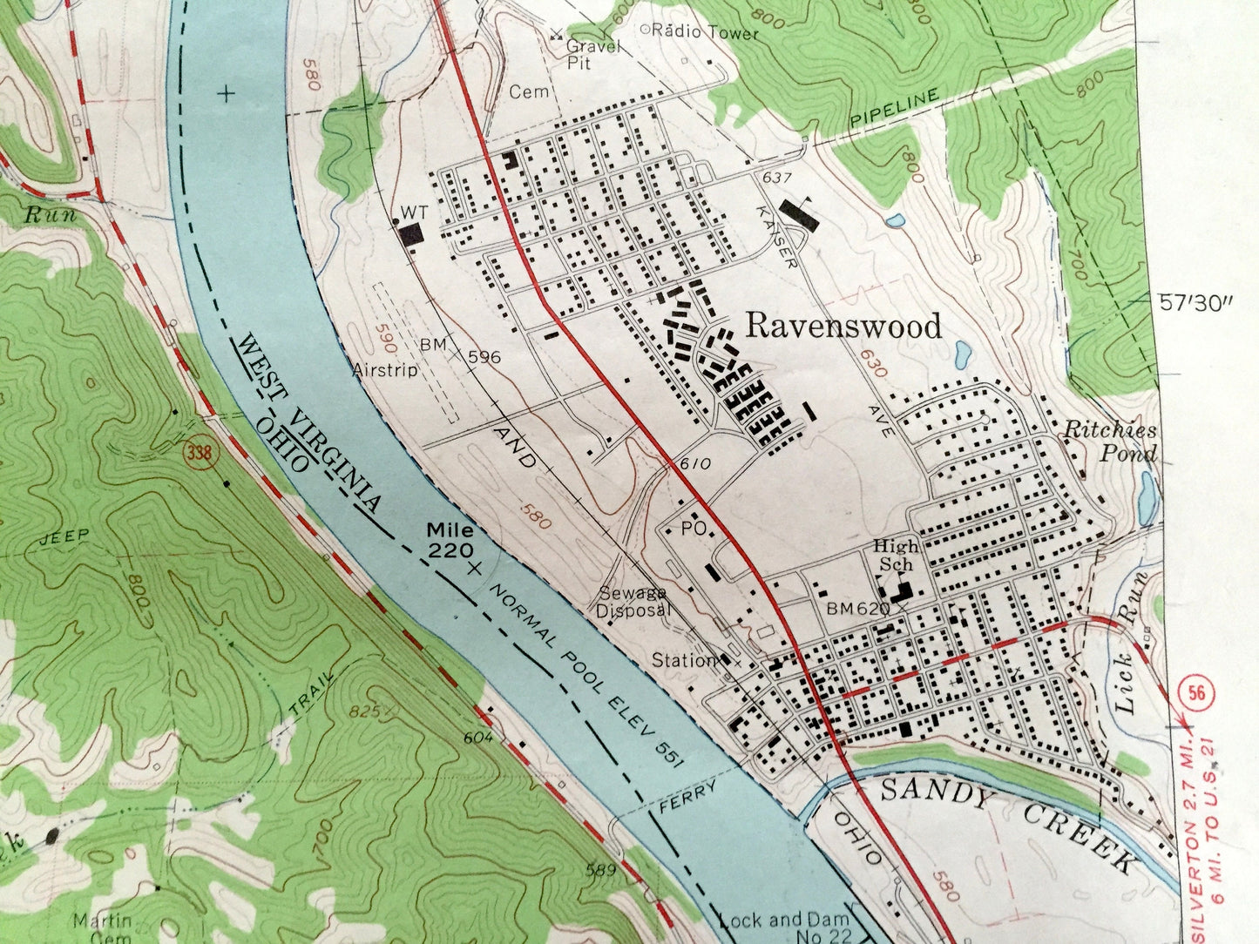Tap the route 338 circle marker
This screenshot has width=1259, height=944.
click(195, 455)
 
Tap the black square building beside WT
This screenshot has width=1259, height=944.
click(410, 233)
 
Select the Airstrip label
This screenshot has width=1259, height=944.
click(386, 370)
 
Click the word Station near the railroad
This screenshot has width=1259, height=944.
click(684, 661)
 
